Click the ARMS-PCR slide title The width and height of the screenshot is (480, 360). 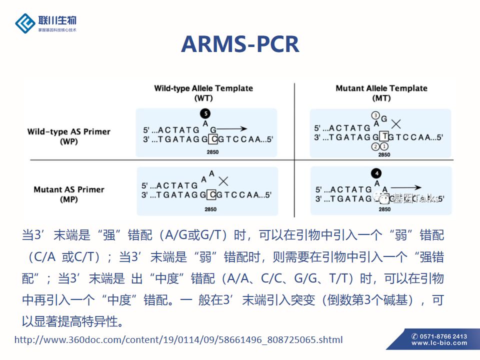[240, 44]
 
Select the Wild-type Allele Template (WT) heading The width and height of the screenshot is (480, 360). [203, 92]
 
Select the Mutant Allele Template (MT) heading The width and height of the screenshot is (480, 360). [381, 92]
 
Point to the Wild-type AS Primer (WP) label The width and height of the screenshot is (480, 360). [68, 136]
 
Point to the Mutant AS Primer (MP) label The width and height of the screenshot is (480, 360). [69, 194]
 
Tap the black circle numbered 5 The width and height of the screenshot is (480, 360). [204, 113]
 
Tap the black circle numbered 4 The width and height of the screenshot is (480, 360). [377, 173]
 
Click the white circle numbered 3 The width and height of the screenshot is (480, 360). [375, 115]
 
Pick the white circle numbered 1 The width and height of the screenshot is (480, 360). [384, 146]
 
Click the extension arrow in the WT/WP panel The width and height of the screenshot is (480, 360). [232, 128]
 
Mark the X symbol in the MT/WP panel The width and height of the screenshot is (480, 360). [396, 123]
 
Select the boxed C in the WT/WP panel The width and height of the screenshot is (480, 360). [213, 138]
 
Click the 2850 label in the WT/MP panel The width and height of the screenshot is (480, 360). [210, 209]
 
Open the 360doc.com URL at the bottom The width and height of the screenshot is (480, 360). [178, 340]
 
